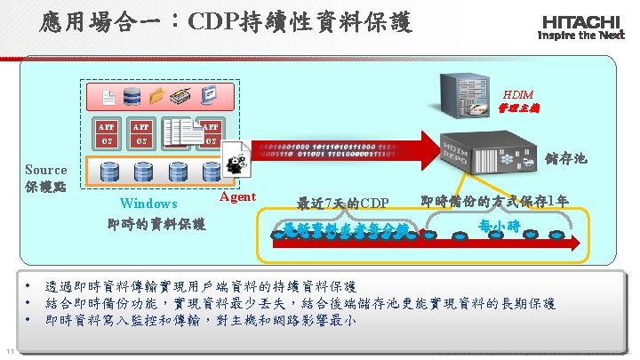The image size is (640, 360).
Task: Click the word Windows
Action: tap(148, 204)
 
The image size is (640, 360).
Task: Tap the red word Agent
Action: tap(236, 196)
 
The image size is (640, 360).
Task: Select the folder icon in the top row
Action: tap(158, 97)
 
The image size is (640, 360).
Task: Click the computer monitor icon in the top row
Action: tap(209, 97)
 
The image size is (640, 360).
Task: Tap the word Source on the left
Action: tap(45, 170)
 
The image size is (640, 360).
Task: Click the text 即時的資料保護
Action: tap(156, 223)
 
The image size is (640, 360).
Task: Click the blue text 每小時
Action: tap(499, 226)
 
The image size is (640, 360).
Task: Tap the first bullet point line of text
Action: tap(201, 287)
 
